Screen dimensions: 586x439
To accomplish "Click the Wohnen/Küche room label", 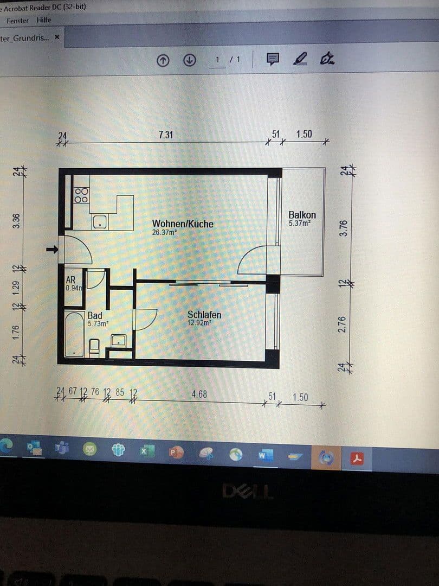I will pyautogui.click(x=183, y=224).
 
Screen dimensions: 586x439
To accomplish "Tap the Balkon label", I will pyautogui.click(x=302, y=215).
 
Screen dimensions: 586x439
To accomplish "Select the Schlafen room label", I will pyautogui.click(x=204, y=315).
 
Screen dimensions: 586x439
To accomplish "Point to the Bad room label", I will pyautogui.click(x=95, y=315).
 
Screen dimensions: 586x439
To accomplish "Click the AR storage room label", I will pyautogui.click(x=70, y=280).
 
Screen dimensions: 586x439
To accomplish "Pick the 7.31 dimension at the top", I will pyautogui.click(x=166, y=135).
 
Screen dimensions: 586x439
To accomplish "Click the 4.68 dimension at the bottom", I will pyautogui.click(x=199, y=394).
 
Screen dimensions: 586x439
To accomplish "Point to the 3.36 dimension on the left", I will pyautogui.click(x=16, y=220).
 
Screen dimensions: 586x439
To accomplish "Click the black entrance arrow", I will pyautogui.click(x=52, y=250).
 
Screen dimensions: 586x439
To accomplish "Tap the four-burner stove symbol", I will pyautogui.click(x=81, y=195).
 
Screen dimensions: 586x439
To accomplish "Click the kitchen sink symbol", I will pyautogui.click(x=100, y=221).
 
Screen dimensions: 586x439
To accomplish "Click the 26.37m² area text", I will pyautogui.click(x=164, y=232).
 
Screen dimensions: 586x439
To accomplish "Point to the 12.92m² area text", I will pyautogui.click(x=199, y=322).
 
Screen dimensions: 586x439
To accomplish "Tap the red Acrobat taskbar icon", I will pyautogui.click(x=357, y=458).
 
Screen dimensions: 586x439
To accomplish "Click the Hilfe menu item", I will pyautogui.click(x=44, y=20).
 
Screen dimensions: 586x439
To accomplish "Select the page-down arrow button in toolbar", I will pyautogui.click(x=189, y=60).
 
